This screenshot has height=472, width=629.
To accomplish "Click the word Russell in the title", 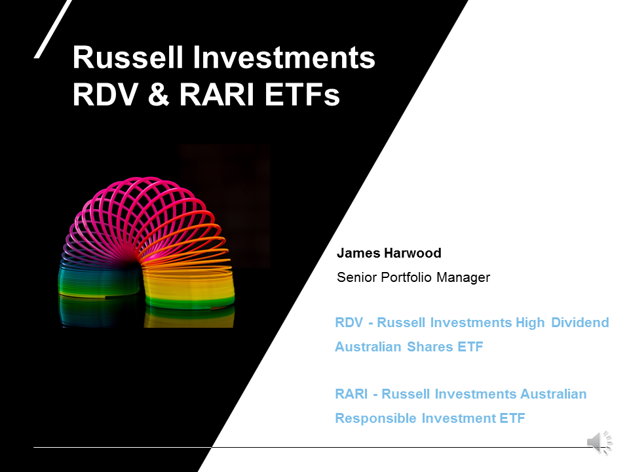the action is pyautogui.click(x=128, y=58).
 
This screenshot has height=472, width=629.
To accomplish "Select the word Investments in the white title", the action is pyautogui.click(x=284, y=58).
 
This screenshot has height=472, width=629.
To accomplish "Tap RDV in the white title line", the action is pyautogui.click(x=105, y=94).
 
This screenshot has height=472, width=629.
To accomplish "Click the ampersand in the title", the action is pyautogui.click(x=159, y=94).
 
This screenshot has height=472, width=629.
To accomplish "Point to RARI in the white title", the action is pyautogui.click(x=217, y=94).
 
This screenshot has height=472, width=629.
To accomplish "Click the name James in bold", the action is pyautogui.click(x=358, y=253).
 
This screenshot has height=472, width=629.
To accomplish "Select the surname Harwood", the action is pyautogui.click(x=412, y=253).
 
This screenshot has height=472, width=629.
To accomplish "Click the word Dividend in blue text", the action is pyautogui.click(x=580, y=323).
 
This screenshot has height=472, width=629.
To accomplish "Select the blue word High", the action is pyautogui.click(x=530, y=323).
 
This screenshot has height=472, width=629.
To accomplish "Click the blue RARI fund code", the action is pyautogui.click(x=351, y=394).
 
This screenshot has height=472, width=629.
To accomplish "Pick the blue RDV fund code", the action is pyautogui.click(x=349, y=323).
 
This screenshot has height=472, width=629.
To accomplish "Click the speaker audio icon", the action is pyautogui.click(x=600, y=442).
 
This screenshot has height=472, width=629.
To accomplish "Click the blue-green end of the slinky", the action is pyautogui.click(x=100, y=281).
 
